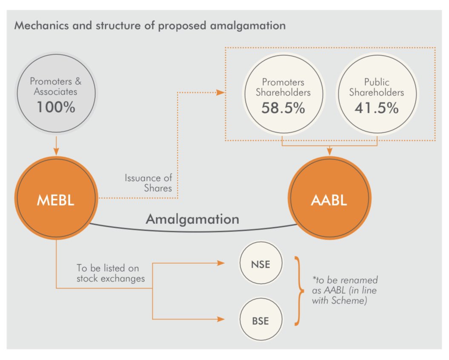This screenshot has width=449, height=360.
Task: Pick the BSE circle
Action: pos(260,320)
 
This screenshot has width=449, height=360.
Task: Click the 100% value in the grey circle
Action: pos(56,107)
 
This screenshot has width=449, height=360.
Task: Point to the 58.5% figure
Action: pos(283,108)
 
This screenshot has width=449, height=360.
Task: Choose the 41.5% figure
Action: pos(376,108)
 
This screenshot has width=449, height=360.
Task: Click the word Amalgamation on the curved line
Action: pos(192,220)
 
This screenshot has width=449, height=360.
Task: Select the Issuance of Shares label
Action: pos(149,183)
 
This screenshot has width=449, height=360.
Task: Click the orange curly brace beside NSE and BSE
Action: pos(299,291)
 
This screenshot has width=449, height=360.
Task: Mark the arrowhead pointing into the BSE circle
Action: pos(221,319)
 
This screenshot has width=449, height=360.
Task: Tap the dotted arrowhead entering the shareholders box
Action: pos(221,92)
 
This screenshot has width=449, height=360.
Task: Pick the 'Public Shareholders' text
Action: pos(376,87)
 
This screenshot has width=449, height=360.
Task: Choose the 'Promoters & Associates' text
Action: pos(56,86)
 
